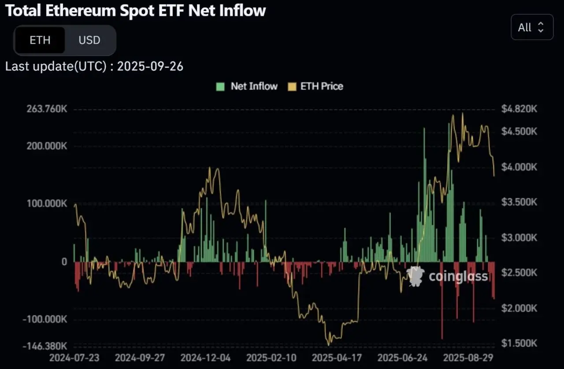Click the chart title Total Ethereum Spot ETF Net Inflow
coord(135,11)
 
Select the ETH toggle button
coord(40,40)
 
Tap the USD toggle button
coord(89,40)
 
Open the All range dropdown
coord(532,27)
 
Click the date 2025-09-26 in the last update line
coord(150,67)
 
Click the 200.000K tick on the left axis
coord(45,146)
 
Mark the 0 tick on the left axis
coord(64,262)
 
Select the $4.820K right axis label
coord(519,109)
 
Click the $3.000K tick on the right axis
coord(519,238)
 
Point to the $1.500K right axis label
coord(519,343)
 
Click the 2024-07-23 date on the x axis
coord(74,357)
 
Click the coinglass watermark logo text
coord(458,276)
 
